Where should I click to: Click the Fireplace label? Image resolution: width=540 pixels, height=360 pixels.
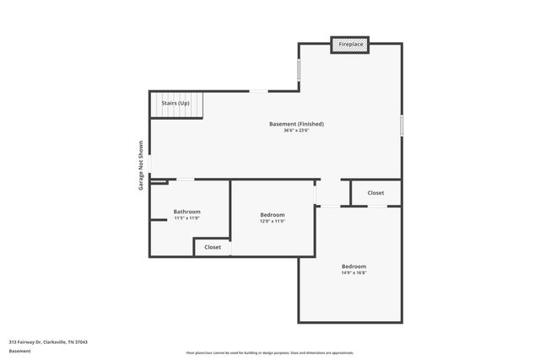(350, 44)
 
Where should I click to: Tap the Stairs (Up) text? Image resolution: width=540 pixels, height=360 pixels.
(175, 103)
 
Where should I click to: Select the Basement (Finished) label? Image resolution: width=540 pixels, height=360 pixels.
(296, 124)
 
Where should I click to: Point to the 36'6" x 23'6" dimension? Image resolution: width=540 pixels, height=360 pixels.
(296, 131)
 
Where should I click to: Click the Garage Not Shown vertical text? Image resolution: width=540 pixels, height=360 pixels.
(141, 164)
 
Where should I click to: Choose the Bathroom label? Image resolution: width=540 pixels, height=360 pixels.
(186, 212)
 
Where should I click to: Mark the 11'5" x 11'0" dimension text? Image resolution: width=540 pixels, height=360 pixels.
(186, 218)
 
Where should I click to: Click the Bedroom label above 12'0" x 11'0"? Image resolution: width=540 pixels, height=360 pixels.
(273, 215)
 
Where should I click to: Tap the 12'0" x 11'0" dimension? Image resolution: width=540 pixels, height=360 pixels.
(273, 222)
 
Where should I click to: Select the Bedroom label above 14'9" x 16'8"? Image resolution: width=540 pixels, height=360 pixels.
(354, 266)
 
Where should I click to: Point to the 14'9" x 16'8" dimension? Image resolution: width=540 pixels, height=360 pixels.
(354, 273)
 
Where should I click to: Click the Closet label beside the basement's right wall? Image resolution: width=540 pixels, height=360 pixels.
(375, 193)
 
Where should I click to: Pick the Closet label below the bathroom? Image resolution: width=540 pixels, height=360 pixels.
(213, 247)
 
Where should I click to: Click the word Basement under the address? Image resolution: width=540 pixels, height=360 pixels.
(19, 351)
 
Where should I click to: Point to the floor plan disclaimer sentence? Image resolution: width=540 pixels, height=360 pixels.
(270, 352)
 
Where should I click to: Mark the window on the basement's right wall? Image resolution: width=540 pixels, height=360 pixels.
(402, 126)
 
